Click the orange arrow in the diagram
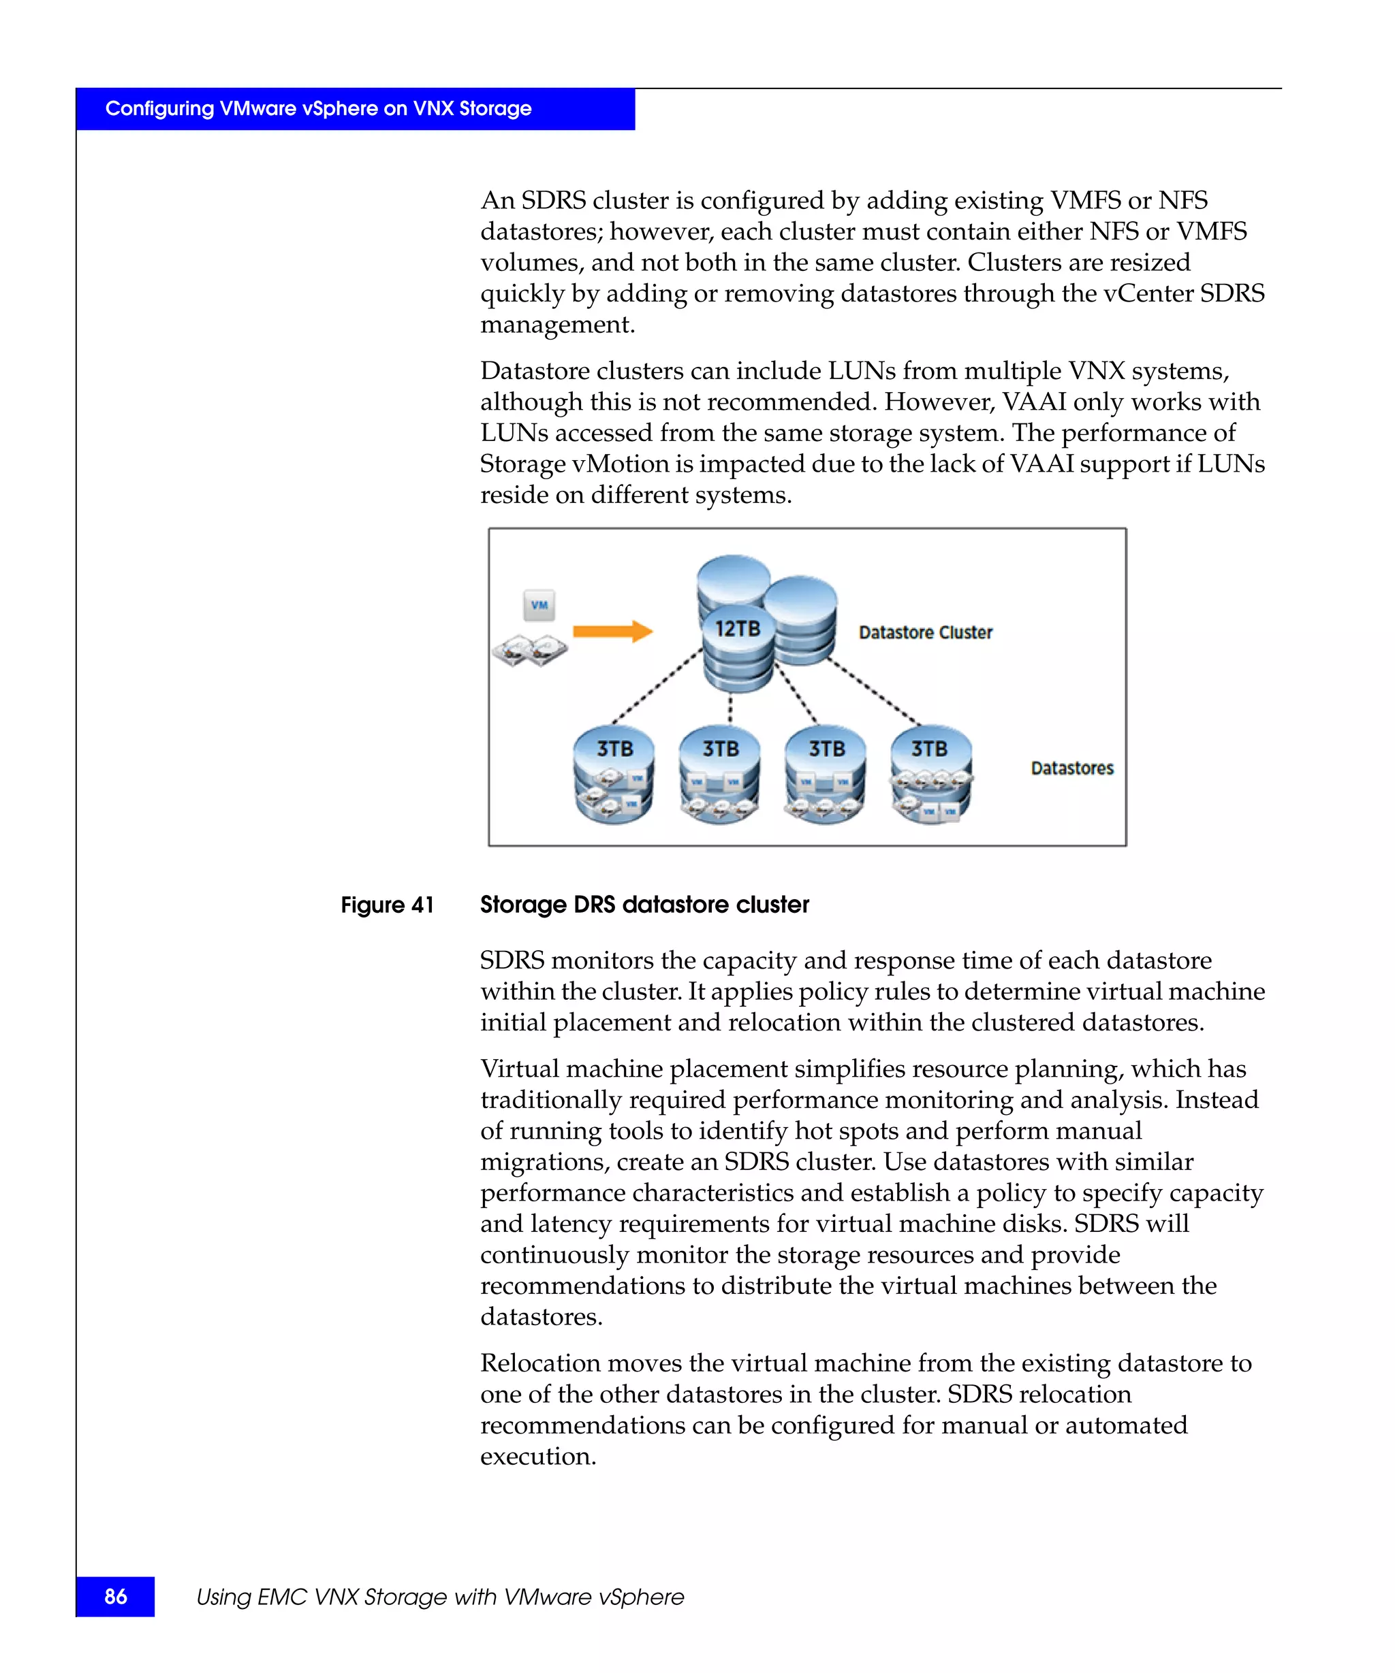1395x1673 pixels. pos(612,631)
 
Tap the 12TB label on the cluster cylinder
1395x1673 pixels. pos(738,629)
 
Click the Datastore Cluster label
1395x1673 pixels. pos(925,632)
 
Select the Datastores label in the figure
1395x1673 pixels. pos(1071,768)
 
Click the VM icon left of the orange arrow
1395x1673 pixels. pos(539,606)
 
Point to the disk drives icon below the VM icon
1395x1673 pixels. pos(530,650)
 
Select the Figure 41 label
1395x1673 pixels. pos(388,905)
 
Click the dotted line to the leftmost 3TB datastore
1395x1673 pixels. pos(657,687)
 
